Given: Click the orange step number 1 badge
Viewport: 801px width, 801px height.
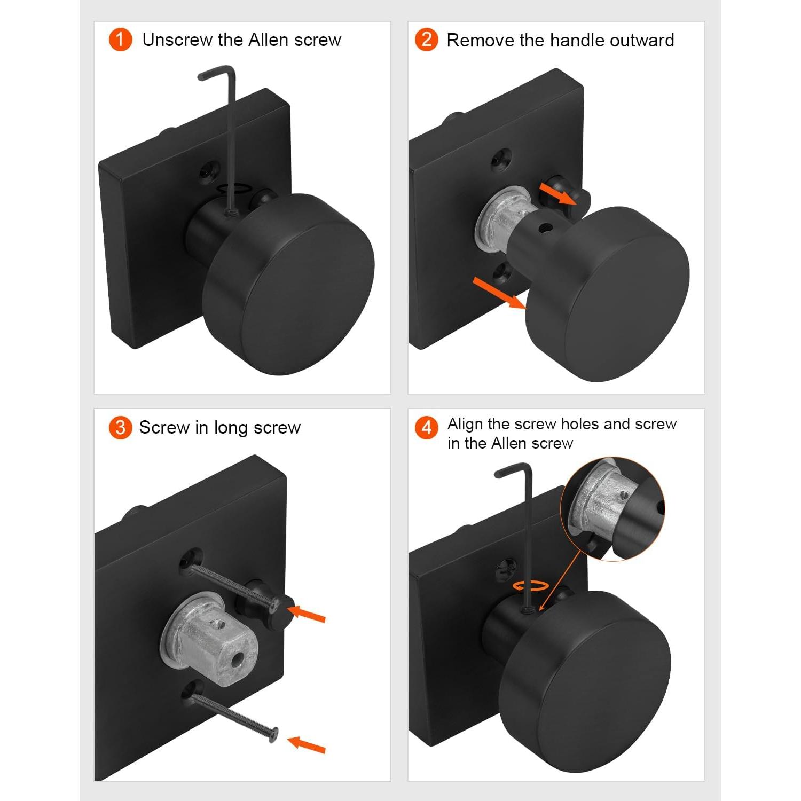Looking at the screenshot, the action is point(120,40).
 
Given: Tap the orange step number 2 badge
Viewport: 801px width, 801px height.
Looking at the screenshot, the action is point(427,40).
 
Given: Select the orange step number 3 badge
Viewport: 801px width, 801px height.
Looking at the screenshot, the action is point(120,428).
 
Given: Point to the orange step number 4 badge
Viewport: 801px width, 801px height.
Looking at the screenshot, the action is point(427,428).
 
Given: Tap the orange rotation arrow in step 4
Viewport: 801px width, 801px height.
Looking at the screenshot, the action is point(531,586).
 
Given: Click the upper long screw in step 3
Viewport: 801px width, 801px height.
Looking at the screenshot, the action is point(235,587).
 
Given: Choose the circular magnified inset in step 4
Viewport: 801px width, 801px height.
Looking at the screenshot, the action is point(612,509).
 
